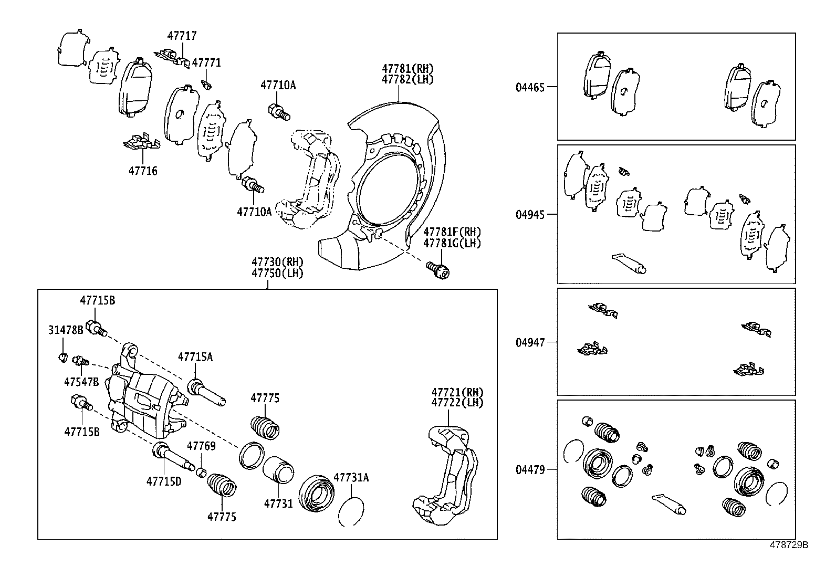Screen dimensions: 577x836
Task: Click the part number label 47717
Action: (182, 36)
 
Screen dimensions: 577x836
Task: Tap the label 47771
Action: (206, 62)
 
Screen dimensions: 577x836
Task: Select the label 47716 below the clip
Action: (143, 171)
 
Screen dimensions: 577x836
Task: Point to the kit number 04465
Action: (530, 87)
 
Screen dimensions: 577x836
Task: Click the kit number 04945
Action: (530, 214)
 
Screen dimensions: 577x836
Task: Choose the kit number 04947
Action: (530, 342)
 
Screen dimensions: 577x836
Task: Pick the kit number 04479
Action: (530, 469)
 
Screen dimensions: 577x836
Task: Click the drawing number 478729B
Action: (789, 545)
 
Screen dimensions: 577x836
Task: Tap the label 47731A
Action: (351, 477)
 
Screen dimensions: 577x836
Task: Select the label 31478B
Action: (66, 330)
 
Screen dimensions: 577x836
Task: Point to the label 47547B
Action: (81, 382)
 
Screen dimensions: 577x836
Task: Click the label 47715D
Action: (164, 480)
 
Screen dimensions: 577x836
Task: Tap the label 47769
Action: (201, 446)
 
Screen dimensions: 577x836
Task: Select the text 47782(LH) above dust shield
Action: (408, 79)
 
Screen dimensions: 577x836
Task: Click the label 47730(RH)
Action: (277, 261)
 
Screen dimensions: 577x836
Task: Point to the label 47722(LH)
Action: (457, 403)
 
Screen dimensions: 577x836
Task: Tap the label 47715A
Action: (195, 357)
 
